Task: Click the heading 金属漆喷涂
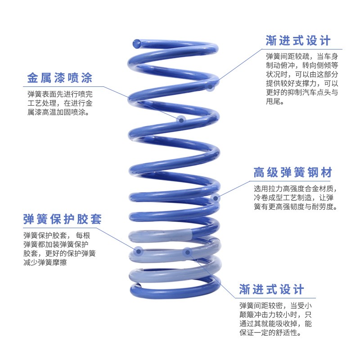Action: coord(59,78)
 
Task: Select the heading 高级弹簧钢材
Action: coord(293,172)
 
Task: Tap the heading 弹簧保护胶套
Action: coord(63,219)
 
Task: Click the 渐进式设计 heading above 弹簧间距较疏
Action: coord(298,40)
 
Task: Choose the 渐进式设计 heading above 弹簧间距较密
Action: coord(272,289)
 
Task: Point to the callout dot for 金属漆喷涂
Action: coord(181,120)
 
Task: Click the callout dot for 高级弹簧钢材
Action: coord(215,198)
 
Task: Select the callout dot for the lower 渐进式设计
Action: coord(187,252)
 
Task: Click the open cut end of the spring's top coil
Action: coord(136,44)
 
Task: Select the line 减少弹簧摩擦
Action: coord(45,262)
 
